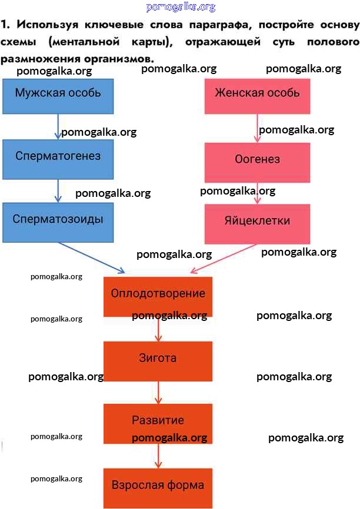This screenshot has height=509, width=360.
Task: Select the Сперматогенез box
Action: [x=58, y=157]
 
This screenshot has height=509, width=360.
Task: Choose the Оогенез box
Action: [x=257, y=160]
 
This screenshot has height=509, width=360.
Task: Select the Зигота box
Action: [x=158, y=359]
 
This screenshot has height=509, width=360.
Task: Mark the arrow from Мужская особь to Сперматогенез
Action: [x=58, y=126]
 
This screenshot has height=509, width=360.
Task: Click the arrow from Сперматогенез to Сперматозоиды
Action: [x=58, y=189]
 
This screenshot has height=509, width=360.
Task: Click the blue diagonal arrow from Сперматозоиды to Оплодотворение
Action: [x=91, y=258]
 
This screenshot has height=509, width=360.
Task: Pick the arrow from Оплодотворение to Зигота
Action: [x=158, y=329]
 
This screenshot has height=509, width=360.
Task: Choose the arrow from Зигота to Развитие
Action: [x=158, y=391]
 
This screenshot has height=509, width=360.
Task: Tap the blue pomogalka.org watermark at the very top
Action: [x=180, y=7]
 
